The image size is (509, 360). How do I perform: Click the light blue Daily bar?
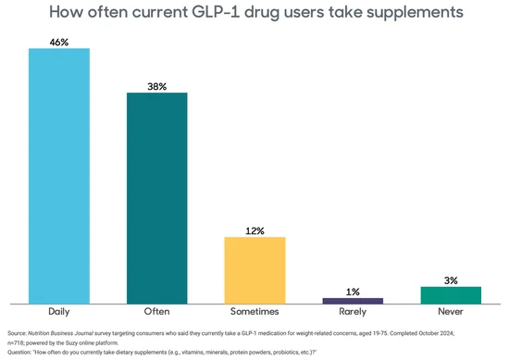pyautogui.click(x=59, y=176)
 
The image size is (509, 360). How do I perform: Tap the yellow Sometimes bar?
pyautogui.click(x=254, y=269)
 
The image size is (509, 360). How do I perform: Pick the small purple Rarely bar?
pyautogui.click(x=353, y=300)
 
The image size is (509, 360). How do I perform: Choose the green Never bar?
pyautogui.click(x=451, y=294)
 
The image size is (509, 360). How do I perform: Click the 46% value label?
pyautogui.click(x=59, y=41)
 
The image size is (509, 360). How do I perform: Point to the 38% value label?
pyautogui.click(x=157, y=86)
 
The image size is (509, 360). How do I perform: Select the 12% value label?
pyautogui.click(x=254, y=230)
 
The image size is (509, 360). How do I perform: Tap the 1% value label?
pyautogui.click(x=353, y=292)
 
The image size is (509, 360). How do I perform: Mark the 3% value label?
pyautogui.click(x=451, y=279)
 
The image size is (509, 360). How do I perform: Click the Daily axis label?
pyautogui.click(x=59, y=313)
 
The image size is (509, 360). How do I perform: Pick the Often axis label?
pyautogui.click(x=157, y=313)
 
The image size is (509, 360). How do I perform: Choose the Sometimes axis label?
pyautogui.click(x=254, y=313)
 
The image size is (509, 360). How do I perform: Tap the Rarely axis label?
pyautogui.click(x=353, y=313)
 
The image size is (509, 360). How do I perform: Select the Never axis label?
pyautogui.click(x=451, y=313)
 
